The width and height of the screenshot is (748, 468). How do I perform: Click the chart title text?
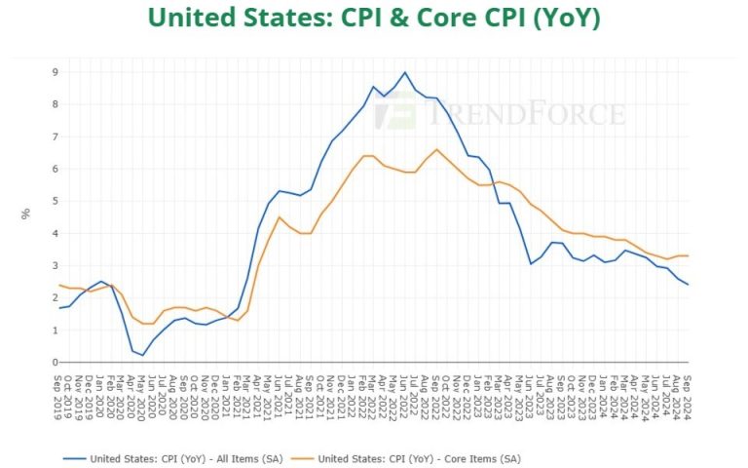(x=375, y=18)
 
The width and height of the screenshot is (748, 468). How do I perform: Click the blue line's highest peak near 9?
(x=404, y=72)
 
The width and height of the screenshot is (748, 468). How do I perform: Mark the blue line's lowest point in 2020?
(x=142, y=355)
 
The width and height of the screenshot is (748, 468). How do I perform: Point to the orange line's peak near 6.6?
(x=436, y=149)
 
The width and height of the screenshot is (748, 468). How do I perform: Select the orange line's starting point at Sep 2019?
(x=58, y=285)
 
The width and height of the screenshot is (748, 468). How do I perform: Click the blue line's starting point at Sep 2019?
(x=58, y=308)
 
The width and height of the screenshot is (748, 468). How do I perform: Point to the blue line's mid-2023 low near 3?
(x=531, y=263)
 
